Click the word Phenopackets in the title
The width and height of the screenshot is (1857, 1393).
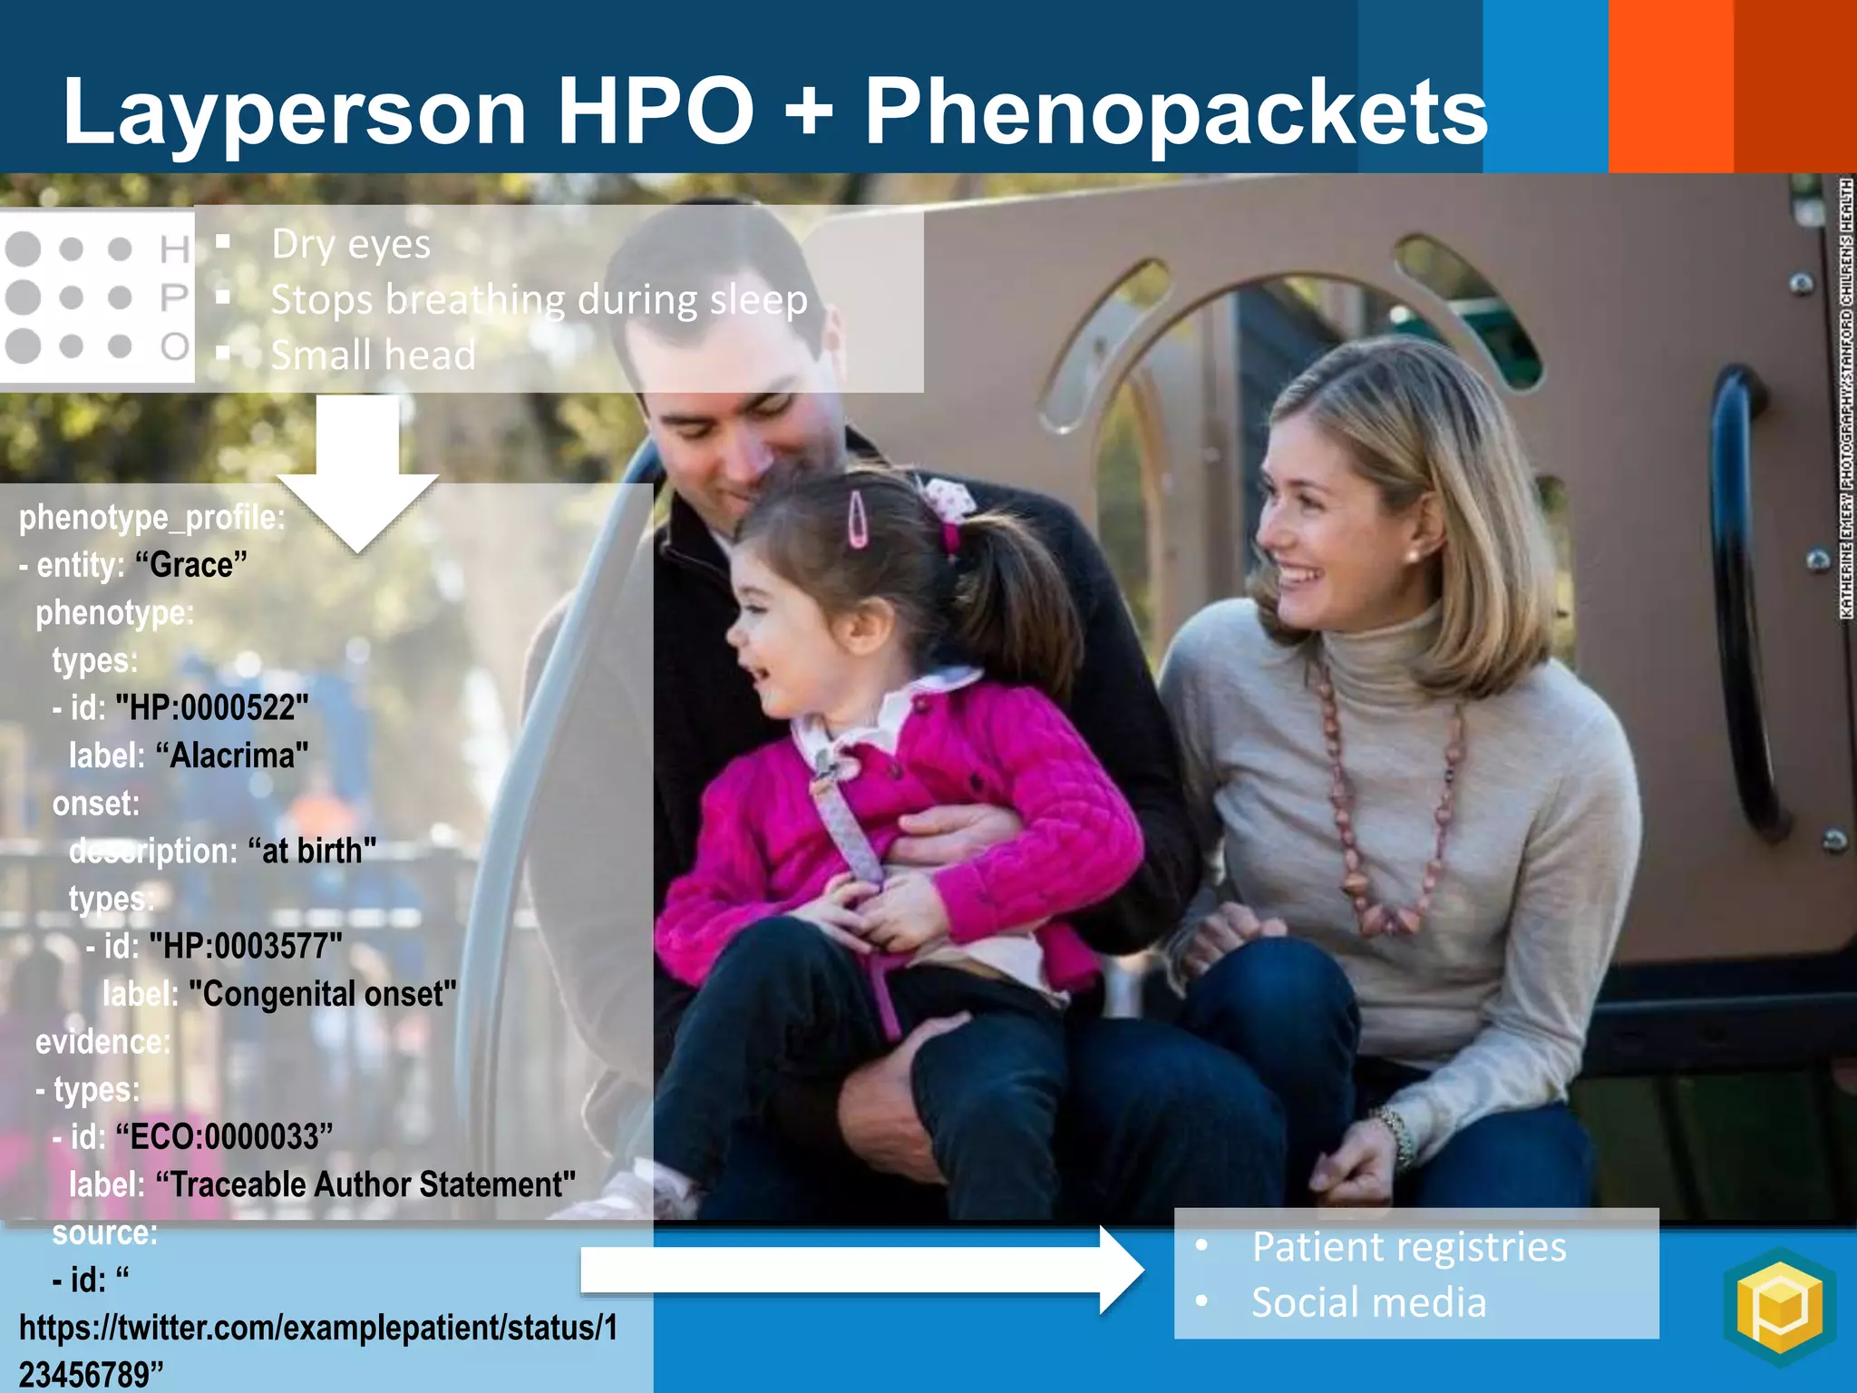point(1175,112)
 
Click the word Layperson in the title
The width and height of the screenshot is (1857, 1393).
point(294,112)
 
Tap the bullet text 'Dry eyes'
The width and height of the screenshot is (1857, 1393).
point(351,244)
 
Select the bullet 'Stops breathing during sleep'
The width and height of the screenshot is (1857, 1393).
point(539,299)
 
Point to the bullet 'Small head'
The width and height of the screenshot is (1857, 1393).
point(373,355)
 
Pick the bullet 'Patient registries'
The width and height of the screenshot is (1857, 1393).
point(1408,1247)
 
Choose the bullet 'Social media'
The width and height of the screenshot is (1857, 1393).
point(1368,1302)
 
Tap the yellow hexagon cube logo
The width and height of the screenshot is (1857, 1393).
point(1779,1306)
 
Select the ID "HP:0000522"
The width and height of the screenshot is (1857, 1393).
point(212,707)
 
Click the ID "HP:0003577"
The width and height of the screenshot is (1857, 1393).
point(246,946)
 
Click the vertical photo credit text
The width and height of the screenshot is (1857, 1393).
point(1846,399)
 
